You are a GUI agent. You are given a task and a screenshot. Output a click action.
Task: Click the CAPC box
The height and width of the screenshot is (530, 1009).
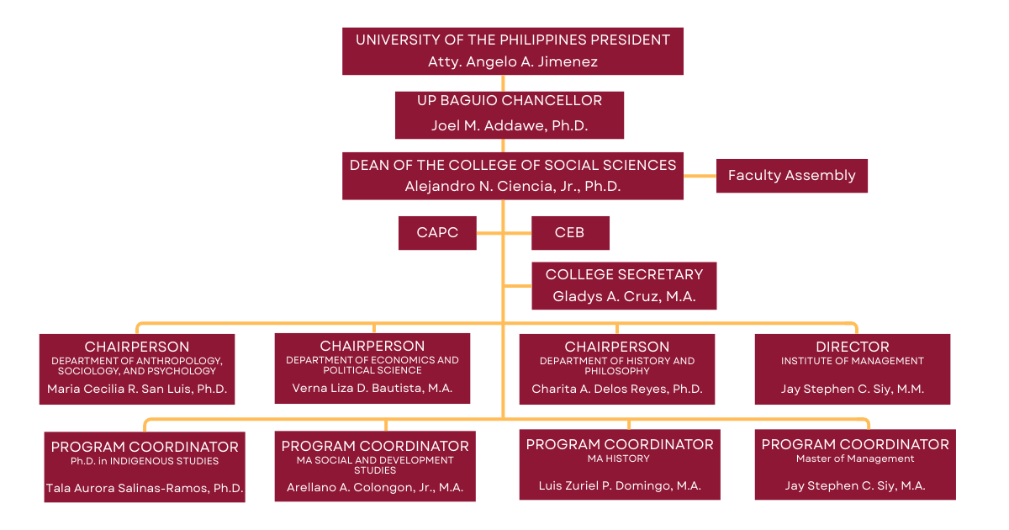click(x=437, y=233)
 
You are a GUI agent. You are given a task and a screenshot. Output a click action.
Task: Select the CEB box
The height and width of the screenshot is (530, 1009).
click(x=569, y=233)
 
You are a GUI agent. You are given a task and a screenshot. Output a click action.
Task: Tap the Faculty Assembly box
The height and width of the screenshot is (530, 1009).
click(x=791, y=176)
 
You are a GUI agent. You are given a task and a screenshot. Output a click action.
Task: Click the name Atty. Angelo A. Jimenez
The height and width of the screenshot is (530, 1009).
click(x=512, y=61)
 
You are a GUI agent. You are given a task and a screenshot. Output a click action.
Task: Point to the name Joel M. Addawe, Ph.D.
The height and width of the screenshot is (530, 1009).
click(x=510, y=125)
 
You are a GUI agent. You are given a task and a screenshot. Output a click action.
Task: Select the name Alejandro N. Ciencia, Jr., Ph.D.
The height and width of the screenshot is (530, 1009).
click(x=512, y=187)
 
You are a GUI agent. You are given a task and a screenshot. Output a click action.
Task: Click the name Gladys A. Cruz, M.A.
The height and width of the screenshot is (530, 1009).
click(x=624, y=296)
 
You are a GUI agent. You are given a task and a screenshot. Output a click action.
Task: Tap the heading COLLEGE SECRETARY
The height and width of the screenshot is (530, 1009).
click(x=624, y=274)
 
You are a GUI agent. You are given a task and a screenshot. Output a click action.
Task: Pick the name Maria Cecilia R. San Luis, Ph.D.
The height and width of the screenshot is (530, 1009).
click(x=137, y=390)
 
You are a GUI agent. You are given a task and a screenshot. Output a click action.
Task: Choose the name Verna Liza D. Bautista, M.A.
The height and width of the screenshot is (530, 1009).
click(x=372, y=389)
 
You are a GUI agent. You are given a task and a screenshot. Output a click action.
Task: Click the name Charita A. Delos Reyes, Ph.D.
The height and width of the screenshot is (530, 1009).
click(x=617, y=390)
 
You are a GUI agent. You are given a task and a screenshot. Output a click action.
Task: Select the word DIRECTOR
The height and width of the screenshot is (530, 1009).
click(x=852, y=347)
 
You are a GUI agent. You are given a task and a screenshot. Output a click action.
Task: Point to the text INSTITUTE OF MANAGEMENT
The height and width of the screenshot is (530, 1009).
click(x=852, y=361)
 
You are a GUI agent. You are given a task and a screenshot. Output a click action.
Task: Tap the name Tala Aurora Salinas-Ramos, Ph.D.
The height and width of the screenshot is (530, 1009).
click(x=145, y=488)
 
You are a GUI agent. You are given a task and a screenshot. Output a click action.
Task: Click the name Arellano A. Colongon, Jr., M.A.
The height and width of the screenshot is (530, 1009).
click(x=375, y=487)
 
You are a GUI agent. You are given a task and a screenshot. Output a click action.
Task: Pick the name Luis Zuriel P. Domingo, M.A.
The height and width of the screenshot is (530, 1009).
click(x=620, y=485)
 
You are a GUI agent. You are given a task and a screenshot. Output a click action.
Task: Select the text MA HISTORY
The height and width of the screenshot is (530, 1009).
click(x=619, y=458)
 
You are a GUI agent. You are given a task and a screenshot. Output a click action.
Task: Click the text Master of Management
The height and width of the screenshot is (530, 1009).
click(x=855, y=458)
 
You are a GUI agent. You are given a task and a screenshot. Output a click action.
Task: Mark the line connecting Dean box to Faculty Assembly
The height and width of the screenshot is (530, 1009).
click(x=700, y=176)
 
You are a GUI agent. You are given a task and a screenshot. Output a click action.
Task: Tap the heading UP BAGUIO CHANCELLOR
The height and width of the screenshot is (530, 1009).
click(x=510, y=101)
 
